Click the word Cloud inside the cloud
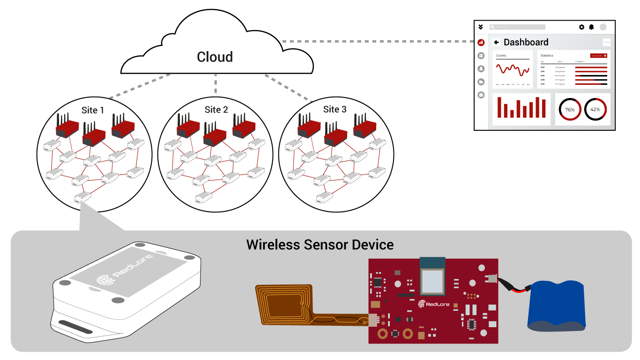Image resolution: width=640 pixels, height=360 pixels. (x=215, y=57)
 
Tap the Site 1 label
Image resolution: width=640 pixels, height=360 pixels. (x=93, y=110)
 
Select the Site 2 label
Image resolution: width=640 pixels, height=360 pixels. (x=216, y=110)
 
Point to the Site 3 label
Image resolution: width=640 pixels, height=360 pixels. (x=335, y=109)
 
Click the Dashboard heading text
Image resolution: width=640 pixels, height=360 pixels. (x=526, y=42)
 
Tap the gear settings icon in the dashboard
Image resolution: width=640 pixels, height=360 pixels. (x=581, y=27)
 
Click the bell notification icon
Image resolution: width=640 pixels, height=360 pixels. (x=592, y=27)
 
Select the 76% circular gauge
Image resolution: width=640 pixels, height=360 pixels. (x=570, y=109)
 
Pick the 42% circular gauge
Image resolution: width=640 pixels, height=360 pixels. (x=595, y=109)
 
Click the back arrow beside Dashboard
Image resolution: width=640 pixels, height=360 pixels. (x=496, y=42)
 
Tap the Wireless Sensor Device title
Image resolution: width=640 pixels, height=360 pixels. (x=320, y=245)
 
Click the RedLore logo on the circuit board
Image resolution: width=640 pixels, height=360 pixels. (x=434, y=304)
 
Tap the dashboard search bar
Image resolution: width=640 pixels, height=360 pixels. (x=517, y=27)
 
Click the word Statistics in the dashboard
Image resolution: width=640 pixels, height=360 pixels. (x=547, y=56)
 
